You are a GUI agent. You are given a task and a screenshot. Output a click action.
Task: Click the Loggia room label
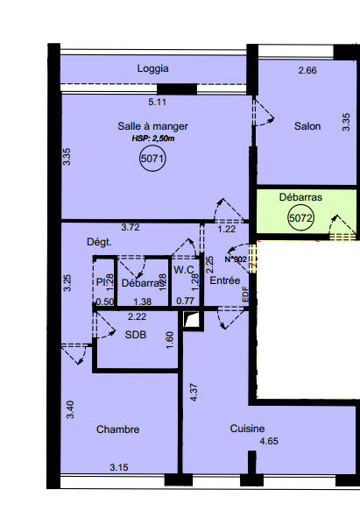point(153,68)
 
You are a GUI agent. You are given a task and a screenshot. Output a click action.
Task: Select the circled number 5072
point(300,219)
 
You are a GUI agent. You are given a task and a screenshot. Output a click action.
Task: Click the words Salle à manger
point(153,126)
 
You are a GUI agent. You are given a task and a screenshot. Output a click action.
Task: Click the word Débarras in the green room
point(300,198)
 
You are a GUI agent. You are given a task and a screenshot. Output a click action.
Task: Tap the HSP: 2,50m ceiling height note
point(153,138)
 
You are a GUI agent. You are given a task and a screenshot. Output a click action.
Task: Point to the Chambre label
point(118,429)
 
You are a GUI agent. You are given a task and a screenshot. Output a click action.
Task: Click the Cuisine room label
point(248,429)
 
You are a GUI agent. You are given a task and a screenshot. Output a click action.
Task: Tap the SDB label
point(135,335)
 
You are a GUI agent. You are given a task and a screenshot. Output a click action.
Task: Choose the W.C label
point(183,270)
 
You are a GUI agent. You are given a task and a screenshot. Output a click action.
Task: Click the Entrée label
point(225,280)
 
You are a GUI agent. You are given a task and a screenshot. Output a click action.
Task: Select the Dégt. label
point(97,242)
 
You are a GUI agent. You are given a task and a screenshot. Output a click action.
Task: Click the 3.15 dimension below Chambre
point(119,467)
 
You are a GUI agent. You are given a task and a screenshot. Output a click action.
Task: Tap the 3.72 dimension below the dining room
point(130,228)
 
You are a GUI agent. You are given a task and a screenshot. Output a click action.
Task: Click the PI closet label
point(101,282)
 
